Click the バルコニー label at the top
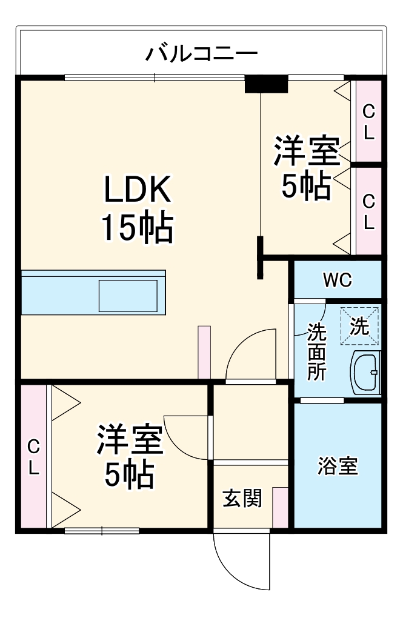click(201, 53)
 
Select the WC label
click(337, 280)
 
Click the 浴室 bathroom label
click(338, 467)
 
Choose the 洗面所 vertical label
click(316, 351)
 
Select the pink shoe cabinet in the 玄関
click(280, 507)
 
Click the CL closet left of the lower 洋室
click(33, 457)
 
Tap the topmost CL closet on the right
click(368, 121)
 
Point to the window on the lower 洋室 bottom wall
click(101, 531)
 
